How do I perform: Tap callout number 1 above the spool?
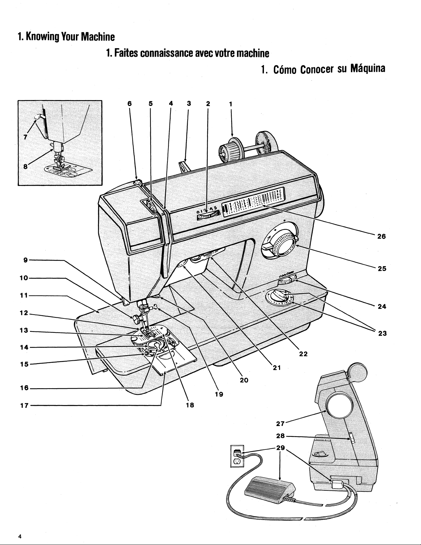click(x=231, y=103)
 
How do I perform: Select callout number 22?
click(x=303, y=355)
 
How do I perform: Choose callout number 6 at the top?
click(x=129, y=103)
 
